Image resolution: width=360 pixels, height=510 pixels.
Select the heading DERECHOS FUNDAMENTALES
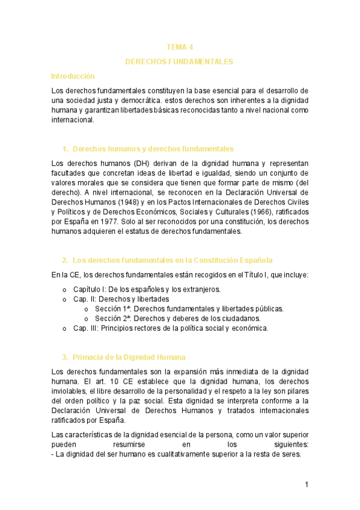[179, 62]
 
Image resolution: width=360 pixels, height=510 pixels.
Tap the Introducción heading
[73, 76]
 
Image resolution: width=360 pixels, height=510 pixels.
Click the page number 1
[307, 485]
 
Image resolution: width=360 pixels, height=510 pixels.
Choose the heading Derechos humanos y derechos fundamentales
[153, 149]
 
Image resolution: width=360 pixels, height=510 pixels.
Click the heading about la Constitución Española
[172, 260]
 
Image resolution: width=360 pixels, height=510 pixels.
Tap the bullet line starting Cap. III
[171, 328]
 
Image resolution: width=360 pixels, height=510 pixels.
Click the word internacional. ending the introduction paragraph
[73, 120]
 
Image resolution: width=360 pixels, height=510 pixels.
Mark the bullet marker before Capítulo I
[64, 290]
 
